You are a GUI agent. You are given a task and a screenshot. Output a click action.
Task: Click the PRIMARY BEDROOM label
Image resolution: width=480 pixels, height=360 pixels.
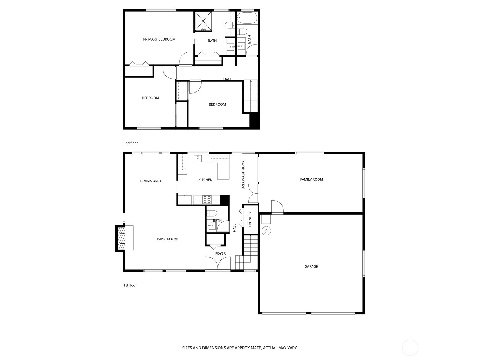(x=159, y=39)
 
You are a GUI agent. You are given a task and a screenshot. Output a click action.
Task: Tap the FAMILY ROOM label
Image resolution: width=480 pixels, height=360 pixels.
(x=311, y=179)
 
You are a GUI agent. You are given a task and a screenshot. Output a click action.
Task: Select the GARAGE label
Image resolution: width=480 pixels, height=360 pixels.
(x=311, y=267)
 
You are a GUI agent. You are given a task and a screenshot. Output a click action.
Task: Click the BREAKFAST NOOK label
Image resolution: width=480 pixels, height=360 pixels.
(x=243, y=175)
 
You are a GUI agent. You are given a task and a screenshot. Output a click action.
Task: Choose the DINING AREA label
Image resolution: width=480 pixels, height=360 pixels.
(x=151, y=181)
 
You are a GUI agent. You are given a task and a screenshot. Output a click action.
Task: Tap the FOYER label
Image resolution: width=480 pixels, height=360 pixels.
(x=220, y=253)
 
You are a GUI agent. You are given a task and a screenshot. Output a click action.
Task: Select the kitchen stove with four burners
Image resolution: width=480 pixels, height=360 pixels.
(x=207, y=199)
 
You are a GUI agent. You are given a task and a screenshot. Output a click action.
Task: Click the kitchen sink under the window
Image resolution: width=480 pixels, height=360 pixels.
(x=198, y=158)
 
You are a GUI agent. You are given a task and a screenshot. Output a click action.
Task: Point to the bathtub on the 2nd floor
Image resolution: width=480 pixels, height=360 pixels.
(x=247, y=18)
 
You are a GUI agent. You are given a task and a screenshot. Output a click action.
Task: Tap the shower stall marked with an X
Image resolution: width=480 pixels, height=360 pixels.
(x=203, y=22)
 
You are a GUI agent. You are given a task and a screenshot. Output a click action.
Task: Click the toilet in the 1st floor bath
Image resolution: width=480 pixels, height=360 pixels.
(x=212, y=213)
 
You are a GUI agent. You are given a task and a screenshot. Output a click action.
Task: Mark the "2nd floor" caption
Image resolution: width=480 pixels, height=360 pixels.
(x=131, y=143)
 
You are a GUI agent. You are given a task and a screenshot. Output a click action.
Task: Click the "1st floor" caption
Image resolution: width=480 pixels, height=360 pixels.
(x=130, y=286)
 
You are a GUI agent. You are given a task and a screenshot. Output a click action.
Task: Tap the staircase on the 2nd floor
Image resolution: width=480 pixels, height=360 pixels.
(x=250, y=96)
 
